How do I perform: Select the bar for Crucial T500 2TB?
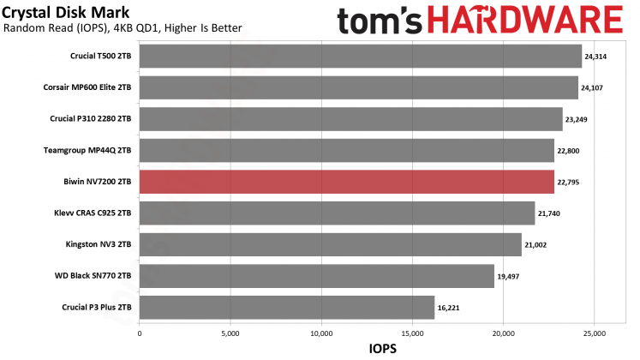[x=360, y=57]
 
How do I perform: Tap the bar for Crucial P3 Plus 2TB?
[x=286, y=308]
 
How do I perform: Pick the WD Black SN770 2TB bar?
[x=316, y=276]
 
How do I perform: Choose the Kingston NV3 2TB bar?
[x=330, y=245]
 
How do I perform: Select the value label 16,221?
[x=448, y=308]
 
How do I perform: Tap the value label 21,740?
[x=548, y=213]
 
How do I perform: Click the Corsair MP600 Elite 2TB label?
[x=87, y=87]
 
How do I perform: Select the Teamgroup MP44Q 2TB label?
[x=87, y=150]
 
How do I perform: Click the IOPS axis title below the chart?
[x=383, y=349]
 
